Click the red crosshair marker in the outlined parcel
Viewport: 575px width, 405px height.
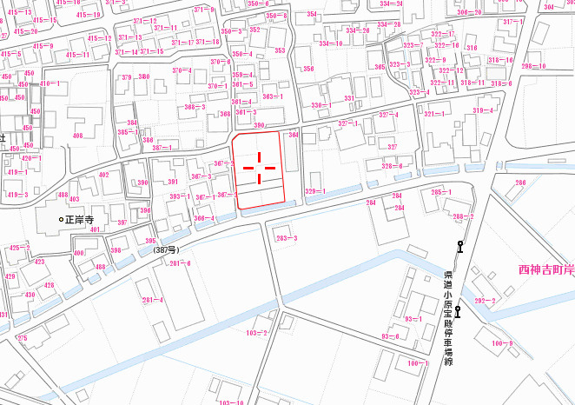pyautogui.click(x=259, y=164)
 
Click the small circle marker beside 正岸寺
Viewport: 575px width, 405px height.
pyautogui.click(x=61, y=220)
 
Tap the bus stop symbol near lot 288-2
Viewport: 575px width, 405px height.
pyautogui.click(x=460, y=247)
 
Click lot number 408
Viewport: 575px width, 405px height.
pyautogui.click(x=78, y=136)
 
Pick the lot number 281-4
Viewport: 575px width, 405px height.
pyautogui.click(x=152, y=300)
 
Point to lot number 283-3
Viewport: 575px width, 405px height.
pyautogui.click(x=287, y=238)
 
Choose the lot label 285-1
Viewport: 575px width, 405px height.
pyautogui.click(x=440, y=192)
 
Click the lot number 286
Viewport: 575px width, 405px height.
pyautogui.click(x=520, y=183)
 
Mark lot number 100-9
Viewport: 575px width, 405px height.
pyautogui.click(x=501, y=343)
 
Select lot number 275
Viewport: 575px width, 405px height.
pyautogui.click(x=23, y=337)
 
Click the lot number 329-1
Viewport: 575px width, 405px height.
pyautogui.click(x=315, y=190)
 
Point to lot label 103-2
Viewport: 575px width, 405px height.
pyautogui.click(x=256, y=333)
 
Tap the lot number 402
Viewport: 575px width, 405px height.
pyautogui.click(x=104, y=175)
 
